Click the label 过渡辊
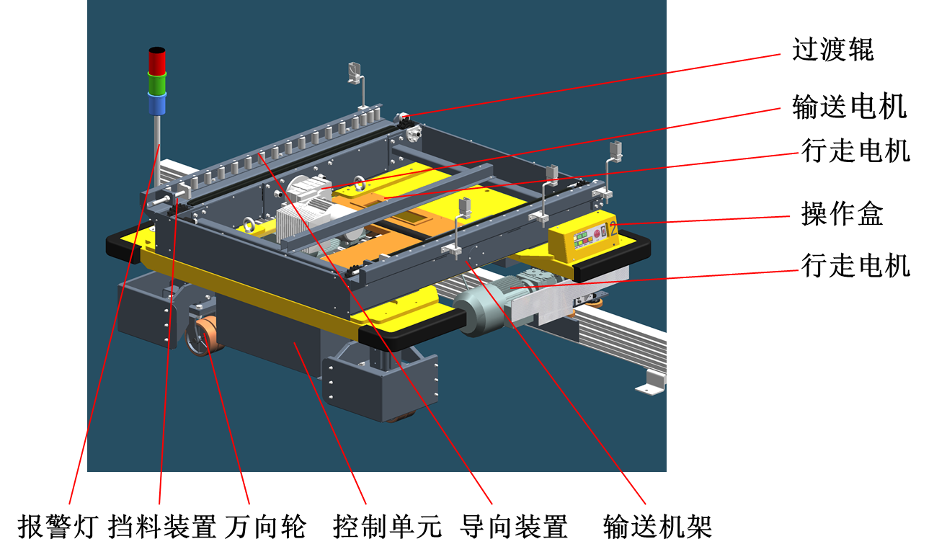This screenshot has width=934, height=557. click(x=832, y=50)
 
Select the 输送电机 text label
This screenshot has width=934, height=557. click(x=850, y=107)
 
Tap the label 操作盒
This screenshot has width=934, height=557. click(x=842, y=213)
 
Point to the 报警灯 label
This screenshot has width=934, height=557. click(x=58, y=527)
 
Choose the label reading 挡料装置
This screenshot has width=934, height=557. click(x=162, y=527)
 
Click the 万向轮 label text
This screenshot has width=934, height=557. click(x=266, y=527)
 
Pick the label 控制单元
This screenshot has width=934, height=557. click(x=387, y=527)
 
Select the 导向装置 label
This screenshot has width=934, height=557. click(x=514, y=527)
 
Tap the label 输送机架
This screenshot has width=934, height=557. click(x=657, y=527)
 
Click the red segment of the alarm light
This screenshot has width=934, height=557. click(x=157, y=61)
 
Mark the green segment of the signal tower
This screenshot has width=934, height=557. click(x=157, y=84)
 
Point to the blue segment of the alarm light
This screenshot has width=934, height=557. click(x=157, y=104)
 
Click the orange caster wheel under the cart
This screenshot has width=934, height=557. click(x=205, y=336)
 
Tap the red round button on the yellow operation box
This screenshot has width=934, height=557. click(x=597, y=233)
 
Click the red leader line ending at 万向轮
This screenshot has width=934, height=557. click(x=226, y=417)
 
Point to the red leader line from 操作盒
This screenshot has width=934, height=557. click(x=701, y=220)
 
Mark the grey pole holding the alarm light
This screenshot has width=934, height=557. click(x=158, y=150)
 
